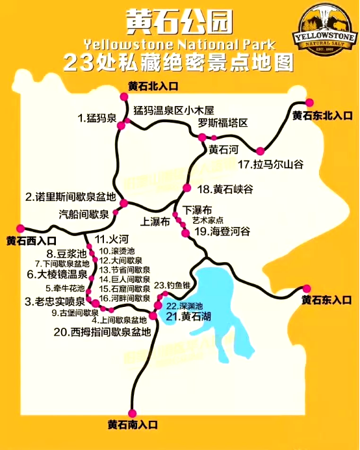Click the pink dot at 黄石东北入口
[309, 103]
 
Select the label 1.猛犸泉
[97, 118]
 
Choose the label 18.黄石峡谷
[225, 189]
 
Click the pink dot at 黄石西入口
[20, 228]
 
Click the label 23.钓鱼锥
[174, 285]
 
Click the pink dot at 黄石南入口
[133, 413]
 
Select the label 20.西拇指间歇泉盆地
[102, 332]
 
